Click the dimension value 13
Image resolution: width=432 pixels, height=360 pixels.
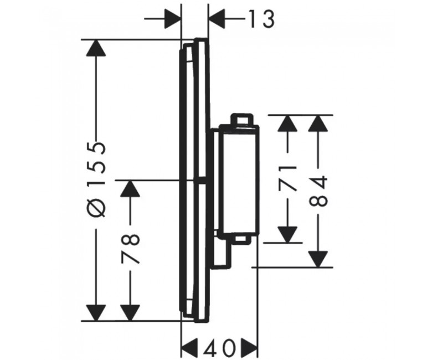click(x=262, y=19)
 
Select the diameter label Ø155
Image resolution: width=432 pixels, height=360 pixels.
click(x=96, y=179)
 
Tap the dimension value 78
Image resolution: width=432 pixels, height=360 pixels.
click(x=130, y=249)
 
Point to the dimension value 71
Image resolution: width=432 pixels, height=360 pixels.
click(x=287, y=178)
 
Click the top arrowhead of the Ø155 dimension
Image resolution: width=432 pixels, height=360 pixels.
click(x=96, y=48)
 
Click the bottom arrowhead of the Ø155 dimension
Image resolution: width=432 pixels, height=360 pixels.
click(x=96, y=312)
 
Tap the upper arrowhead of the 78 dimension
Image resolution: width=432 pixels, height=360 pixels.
click(x=130, y=189)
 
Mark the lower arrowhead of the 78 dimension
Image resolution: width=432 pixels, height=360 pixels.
click(x=130, y=312)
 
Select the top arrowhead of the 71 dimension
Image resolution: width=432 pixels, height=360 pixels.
click(x=287, y=124)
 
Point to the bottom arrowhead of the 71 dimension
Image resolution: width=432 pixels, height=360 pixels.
click(x=287, y=234)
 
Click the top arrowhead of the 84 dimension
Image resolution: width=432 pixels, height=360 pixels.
click(x=318, y=124)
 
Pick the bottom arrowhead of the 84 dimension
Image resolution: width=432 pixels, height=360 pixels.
click(x=318, y=259)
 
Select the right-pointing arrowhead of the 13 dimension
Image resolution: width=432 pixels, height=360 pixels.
click(x=173, y=19)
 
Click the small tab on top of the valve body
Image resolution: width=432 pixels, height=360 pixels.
click(x=241, y=119)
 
